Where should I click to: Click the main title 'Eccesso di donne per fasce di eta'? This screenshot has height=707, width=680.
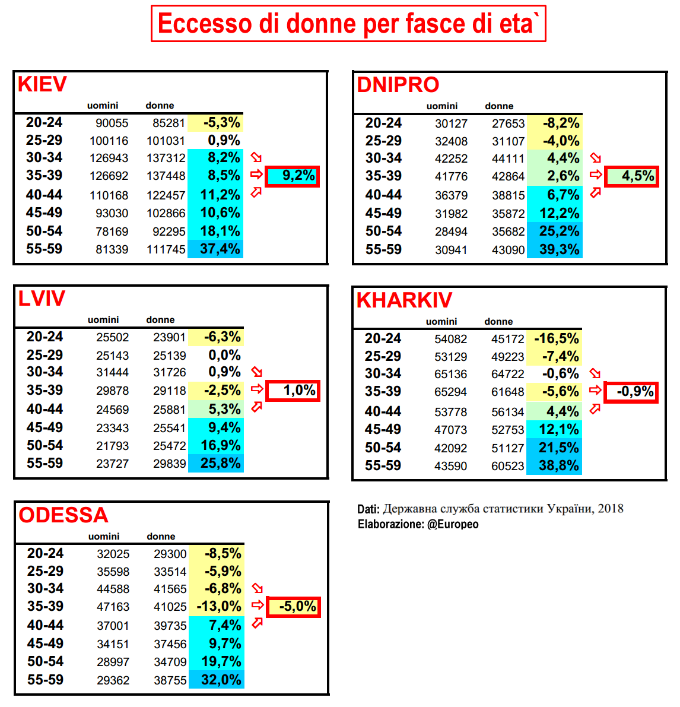click(x=348, y=24)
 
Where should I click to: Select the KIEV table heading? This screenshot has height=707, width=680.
click(x=42, y=84)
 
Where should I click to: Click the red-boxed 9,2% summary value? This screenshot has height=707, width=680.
click(x=293, y=176)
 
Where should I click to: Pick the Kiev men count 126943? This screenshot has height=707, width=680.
click(x=112, y=158)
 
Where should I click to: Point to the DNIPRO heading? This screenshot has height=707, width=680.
click(x=398, y=85)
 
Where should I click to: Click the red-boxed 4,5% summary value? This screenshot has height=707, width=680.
click(x=632, y=176)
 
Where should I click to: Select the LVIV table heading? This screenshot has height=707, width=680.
click(x=42, y=299)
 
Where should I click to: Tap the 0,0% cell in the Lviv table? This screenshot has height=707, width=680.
click(x=224, y=355)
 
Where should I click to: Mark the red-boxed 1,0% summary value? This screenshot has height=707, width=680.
click(x=293, y=391)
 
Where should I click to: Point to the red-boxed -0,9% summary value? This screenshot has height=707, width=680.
click(x=631, y=392)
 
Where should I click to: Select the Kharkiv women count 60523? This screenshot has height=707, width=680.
click(x=507, y=467)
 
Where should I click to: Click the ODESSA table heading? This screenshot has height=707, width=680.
click(x=63, y=515)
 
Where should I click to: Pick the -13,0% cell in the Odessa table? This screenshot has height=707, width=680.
click(x=219, y=607)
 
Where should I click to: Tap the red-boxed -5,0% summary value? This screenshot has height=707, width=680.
click(x=294, y=607)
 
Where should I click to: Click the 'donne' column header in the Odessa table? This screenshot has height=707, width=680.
click(x=161, y=537)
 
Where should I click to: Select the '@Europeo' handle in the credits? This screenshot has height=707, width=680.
click(x=453, y=524)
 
